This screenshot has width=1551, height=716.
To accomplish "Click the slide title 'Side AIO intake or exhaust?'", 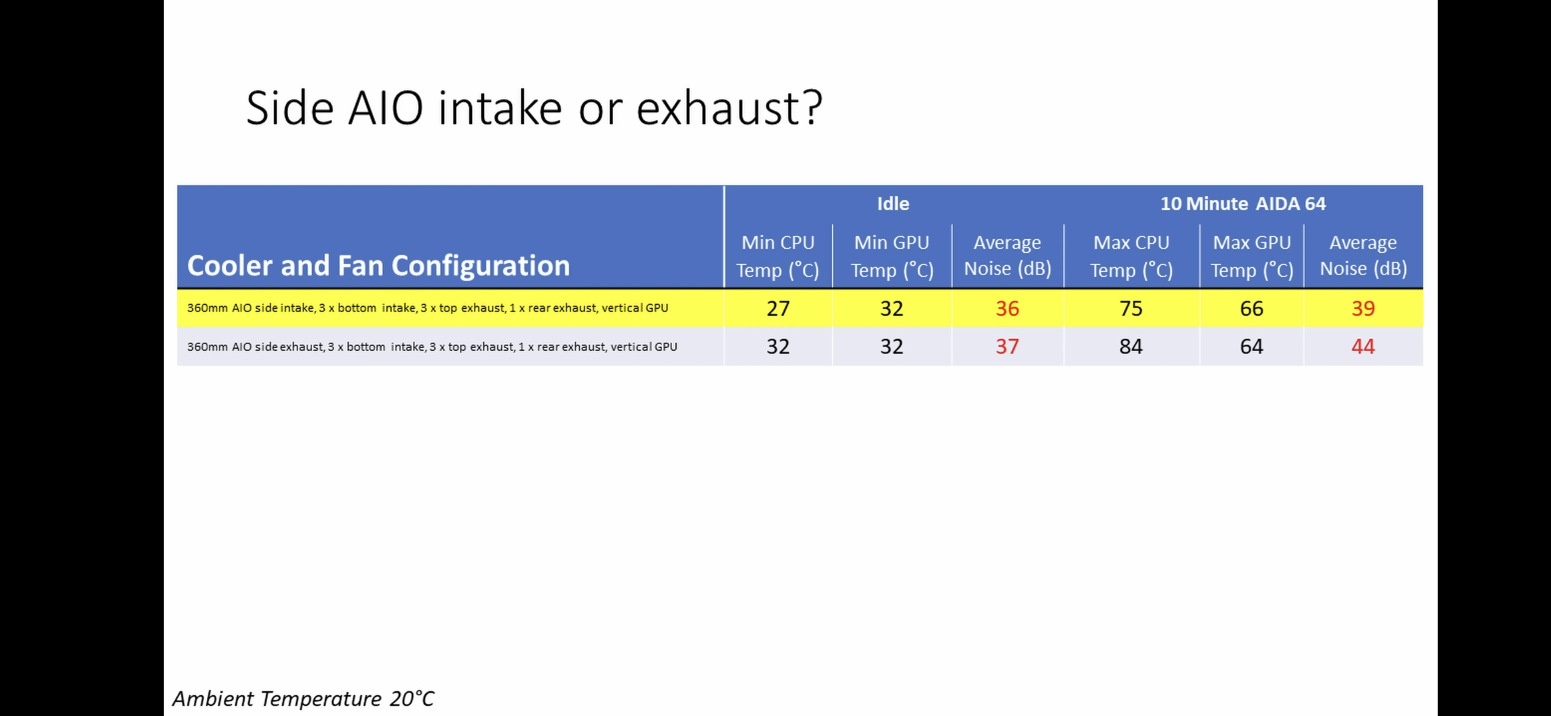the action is [x=534, y=107].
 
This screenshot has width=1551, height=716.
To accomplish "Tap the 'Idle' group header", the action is [x=893, y=204].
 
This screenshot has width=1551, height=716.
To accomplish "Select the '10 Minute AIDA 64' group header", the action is [x=1243, y=204].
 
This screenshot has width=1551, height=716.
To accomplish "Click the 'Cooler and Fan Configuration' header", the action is [x=378, y=265].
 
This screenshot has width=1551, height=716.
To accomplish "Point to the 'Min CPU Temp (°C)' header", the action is [x=777, y=256].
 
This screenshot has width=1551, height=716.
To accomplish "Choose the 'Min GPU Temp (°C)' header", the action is [x=891, y=256].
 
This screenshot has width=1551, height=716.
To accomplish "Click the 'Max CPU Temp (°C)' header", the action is [x=1131, y=256].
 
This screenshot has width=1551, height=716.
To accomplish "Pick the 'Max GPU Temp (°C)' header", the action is [x=1251, y=256].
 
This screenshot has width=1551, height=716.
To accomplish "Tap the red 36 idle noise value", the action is [x=1007, y=308].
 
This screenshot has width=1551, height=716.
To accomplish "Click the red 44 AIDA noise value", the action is [x=1363, y=346].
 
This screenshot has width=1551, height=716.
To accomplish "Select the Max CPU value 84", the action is [x=1131, y=346].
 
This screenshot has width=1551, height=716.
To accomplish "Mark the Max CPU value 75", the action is [x=1131, y=308].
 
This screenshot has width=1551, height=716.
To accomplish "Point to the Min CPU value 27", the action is [x=777, y=308].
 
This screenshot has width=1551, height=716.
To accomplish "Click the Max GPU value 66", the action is [x=1251, y=308].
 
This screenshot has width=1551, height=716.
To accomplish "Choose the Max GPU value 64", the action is [x=1251, y=346].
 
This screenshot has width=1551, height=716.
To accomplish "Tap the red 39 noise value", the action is [x=1363, y=308].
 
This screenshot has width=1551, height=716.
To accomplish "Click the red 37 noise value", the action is [x=1007, y=346].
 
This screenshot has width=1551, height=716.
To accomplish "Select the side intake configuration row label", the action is [x=428, y=308].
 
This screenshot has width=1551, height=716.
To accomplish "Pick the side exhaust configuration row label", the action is [x=432, y=347].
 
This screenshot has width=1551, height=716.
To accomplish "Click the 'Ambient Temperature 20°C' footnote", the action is [x=304, y=698].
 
